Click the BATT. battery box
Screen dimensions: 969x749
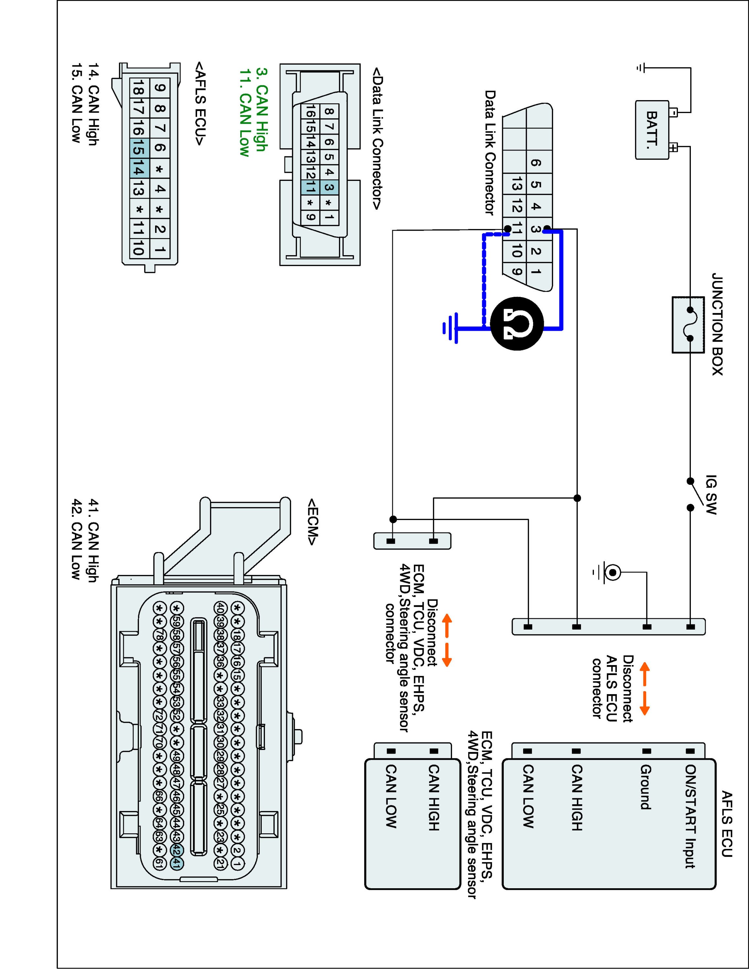(x=652, y=129)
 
